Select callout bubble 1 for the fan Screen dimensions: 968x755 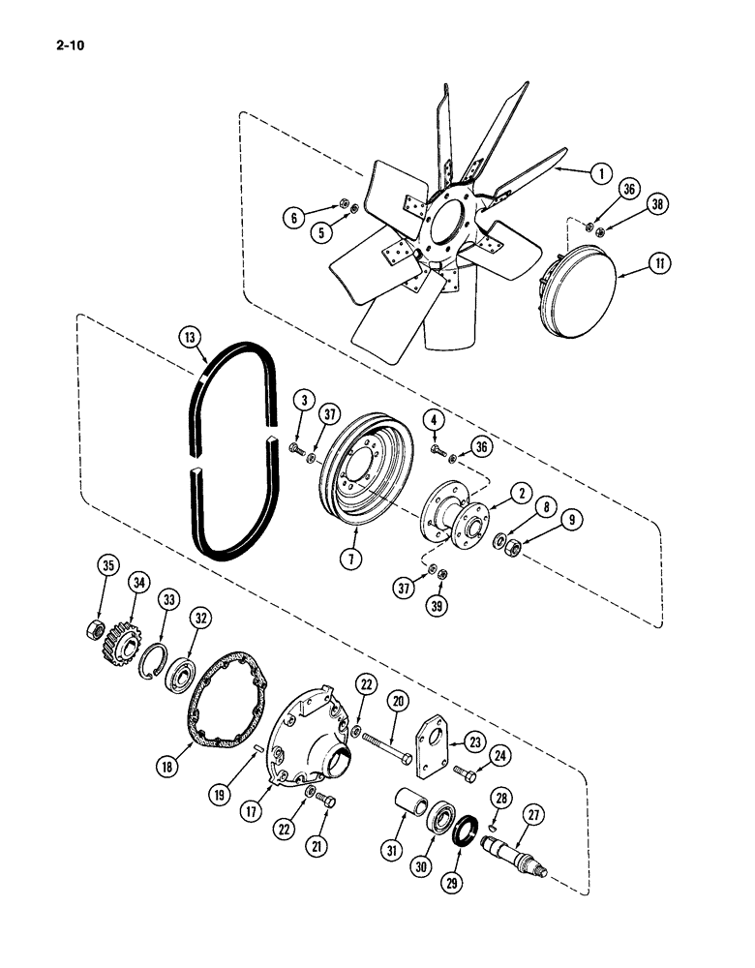(601, 174)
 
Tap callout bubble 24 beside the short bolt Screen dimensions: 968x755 (501, 755)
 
